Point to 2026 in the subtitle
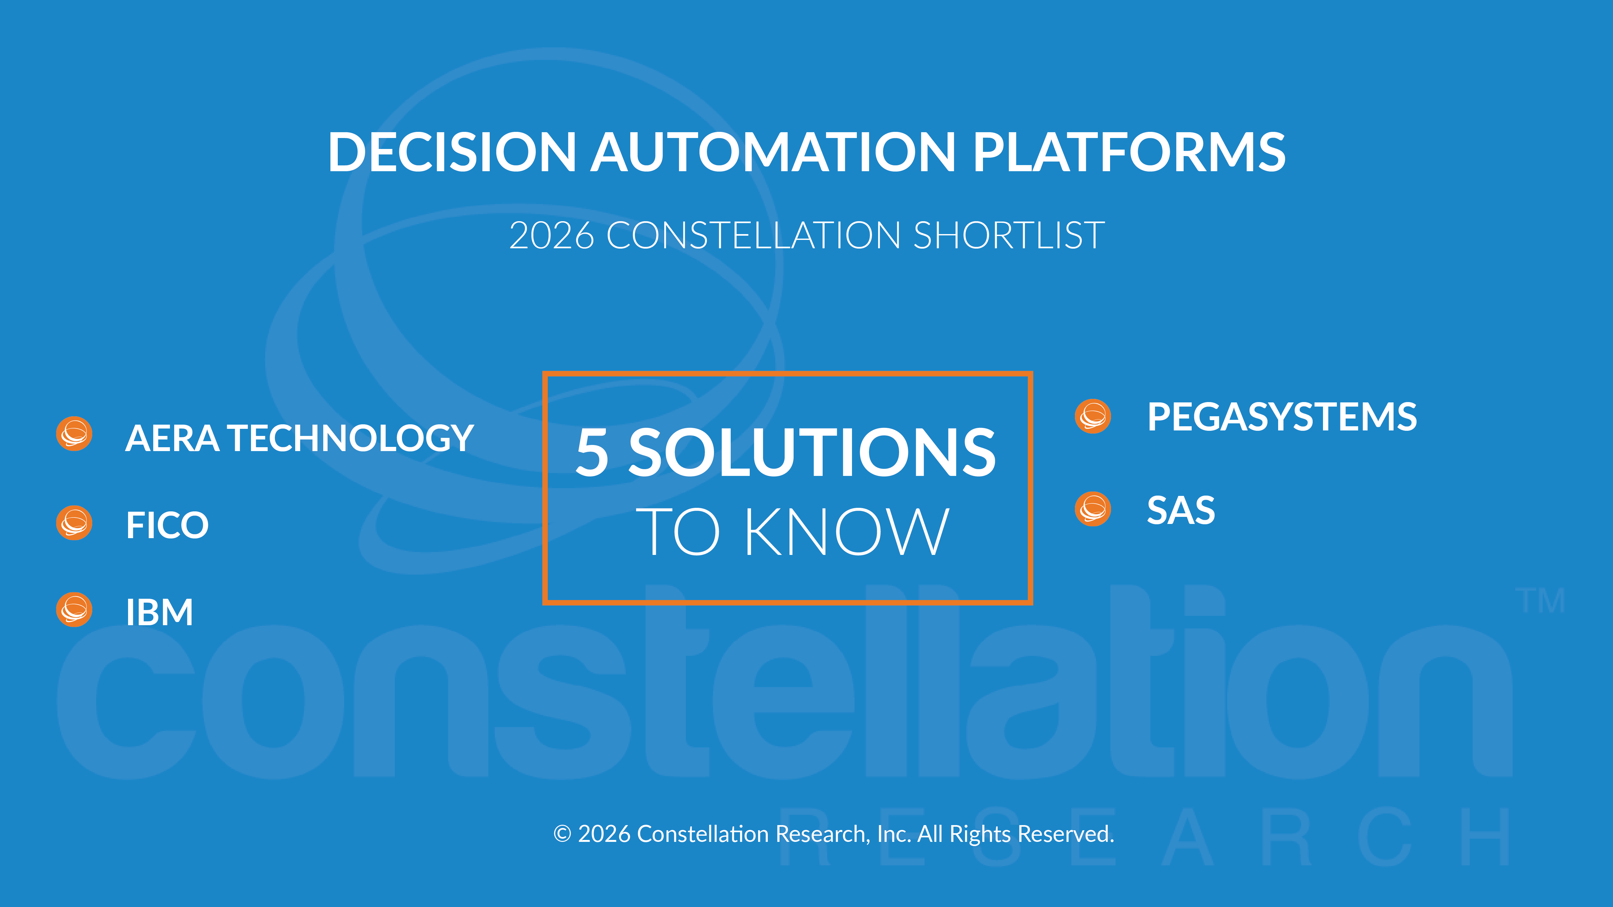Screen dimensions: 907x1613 tap(551, 236)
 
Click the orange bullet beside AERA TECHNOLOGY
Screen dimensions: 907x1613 tap(75, 434)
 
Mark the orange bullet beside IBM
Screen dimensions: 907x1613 tap(75, 610)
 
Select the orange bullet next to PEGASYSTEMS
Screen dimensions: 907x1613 tap(1093, 416)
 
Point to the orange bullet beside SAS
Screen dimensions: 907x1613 tap(1093, 509)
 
